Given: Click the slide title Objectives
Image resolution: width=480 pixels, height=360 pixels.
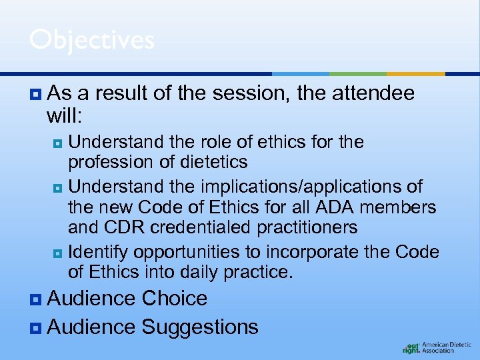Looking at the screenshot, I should point(91,40).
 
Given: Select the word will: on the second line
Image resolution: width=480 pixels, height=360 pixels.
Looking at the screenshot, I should point(64,117).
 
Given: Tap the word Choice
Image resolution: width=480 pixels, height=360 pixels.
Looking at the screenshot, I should point(175,299).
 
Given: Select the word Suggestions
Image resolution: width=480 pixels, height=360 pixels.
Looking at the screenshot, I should point(200,327).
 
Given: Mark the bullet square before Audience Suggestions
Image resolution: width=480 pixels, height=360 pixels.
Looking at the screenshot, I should point(35,327).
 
